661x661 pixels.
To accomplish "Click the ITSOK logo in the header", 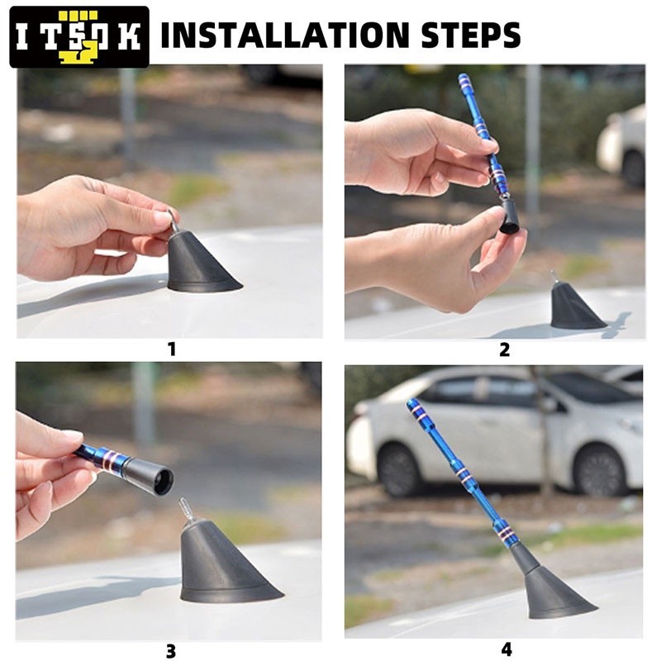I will click(79, 36).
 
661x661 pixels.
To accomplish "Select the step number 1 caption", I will click(171, 349).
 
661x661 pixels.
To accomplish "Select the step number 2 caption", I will click(504, 350).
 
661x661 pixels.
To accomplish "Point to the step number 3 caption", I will click(170, 651).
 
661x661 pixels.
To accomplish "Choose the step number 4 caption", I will click(505, 650).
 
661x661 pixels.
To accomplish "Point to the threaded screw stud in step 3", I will click(187, 509).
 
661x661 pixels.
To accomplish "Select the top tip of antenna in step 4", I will click(411, 404).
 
